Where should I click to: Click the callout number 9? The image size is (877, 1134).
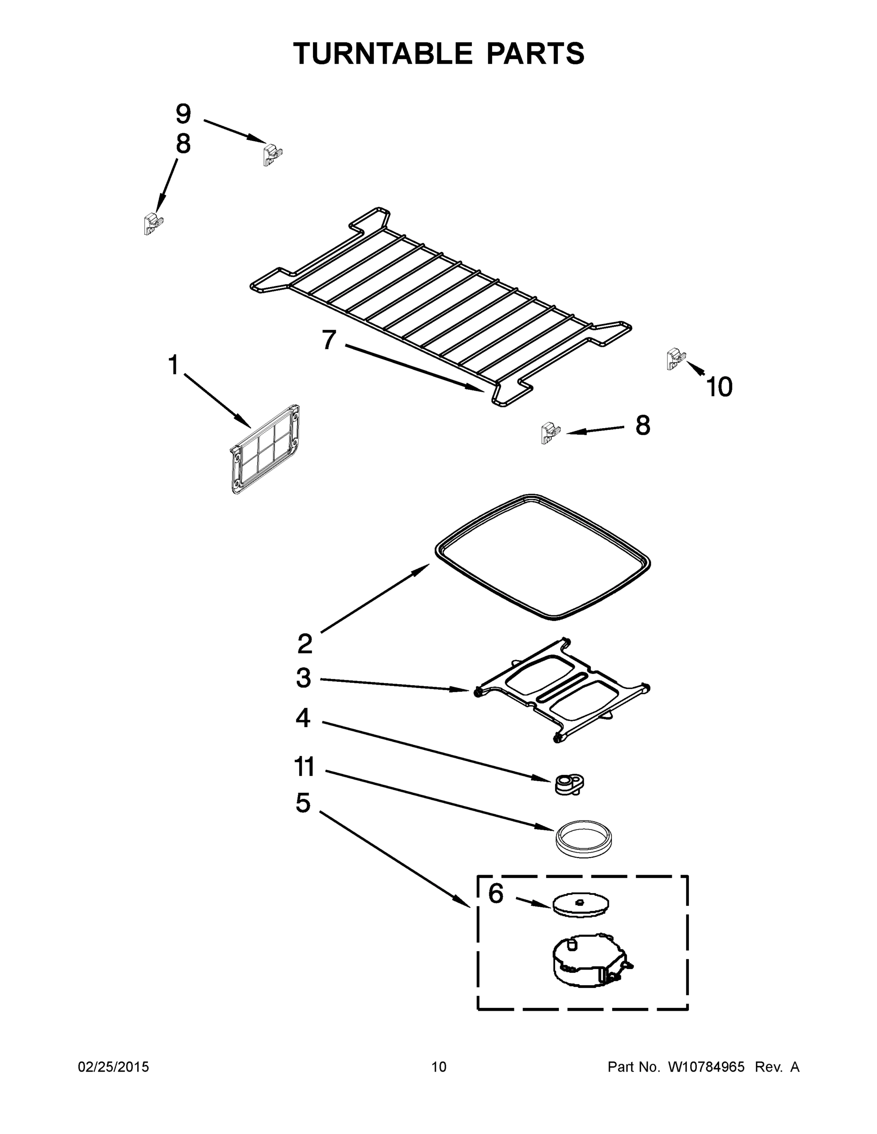(183, 114)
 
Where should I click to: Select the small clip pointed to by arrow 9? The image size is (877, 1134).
(272, 154)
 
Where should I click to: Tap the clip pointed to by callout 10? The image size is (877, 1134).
(675, 358)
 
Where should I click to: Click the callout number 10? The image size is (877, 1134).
(719, 387)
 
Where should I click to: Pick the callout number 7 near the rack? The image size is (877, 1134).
(330, 340)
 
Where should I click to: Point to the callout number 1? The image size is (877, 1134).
(173, 365)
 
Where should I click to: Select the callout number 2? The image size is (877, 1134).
(305, 644)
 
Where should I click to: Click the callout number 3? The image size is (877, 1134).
(304, 678)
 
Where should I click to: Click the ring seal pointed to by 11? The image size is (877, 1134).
(581, 837)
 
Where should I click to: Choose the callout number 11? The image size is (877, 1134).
(304, 767)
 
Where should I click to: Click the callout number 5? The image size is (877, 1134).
(303, 803)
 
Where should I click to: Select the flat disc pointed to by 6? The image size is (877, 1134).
(580, 905)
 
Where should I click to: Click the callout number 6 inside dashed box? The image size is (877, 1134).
(495, 893)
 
